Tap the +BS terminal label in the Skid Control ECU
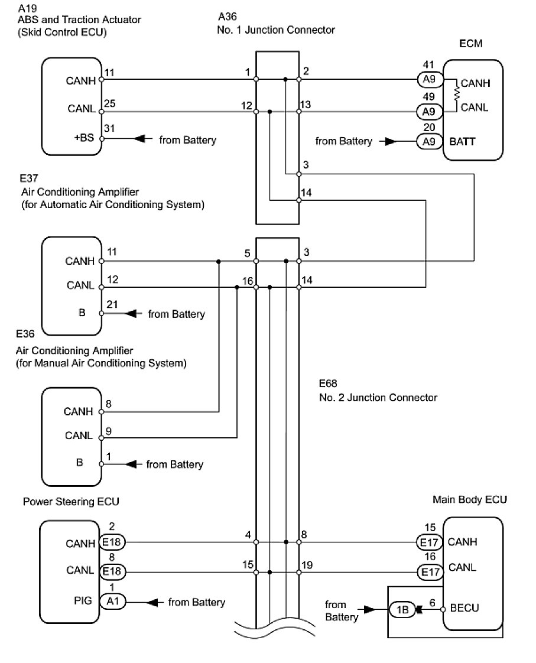85,139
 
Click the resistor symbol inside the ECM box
456,93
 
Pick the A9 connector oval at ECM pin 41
428,79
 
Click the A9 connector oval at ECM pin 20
428,141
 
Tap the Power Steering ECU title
71,502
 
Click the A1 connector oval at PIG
112,602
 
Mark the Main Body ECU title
470,499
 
